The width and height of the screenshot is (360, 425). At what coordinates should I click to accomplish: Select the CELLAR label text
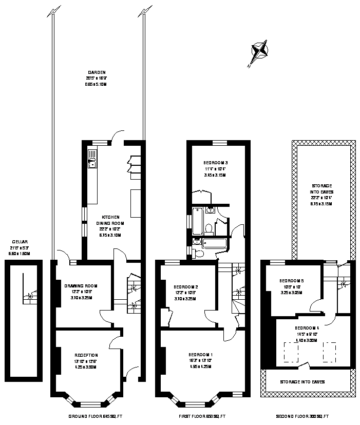21,242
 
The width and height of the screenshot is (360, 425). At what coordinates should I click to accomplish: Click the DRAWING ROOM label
81,286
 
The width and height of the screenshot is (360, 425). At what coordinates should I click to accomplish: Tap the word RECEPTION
86,355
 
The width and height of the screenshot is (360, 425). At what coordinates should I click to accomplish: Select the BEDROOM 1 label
200,355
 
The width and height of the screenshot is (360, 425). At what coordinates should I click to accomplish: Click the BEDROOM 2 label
185,286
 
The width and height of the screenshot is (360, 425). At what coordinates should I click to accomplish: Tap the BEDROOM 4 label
307,327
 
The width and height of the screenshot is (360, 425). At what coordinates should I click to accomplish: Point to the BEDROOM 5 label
292,281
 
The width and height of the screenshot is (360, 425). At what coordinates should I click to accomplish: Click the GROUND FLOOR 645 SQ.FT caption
95,416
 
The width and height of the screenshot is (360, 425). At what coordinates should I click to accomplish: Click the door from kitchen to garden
118,136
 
